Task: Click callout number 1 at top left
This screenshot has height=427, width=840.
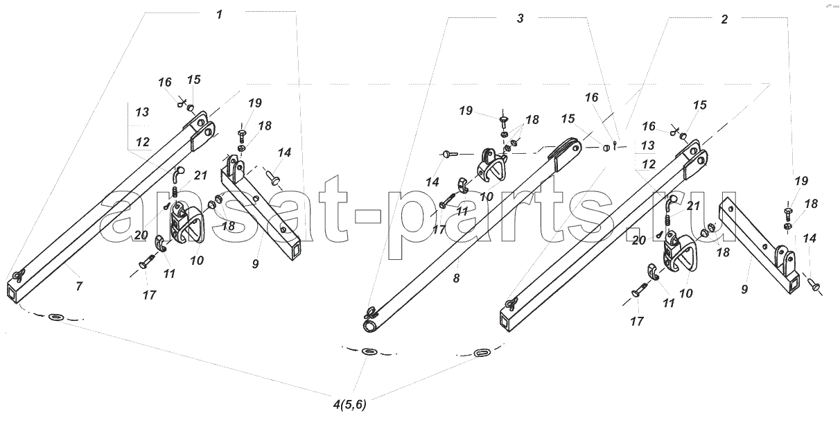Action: [x=220, y=15]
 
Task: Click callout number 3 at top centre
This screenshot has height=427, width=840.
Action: [x=520, y=19]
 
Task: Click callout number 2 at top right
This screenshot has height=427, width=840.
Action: [x=724, y=19]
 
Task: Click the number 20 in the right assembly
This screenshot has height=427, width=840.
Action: [x=639, y=240]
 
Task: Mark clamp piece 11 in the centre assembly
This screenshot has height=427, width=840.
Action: [x=465, y=186]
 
